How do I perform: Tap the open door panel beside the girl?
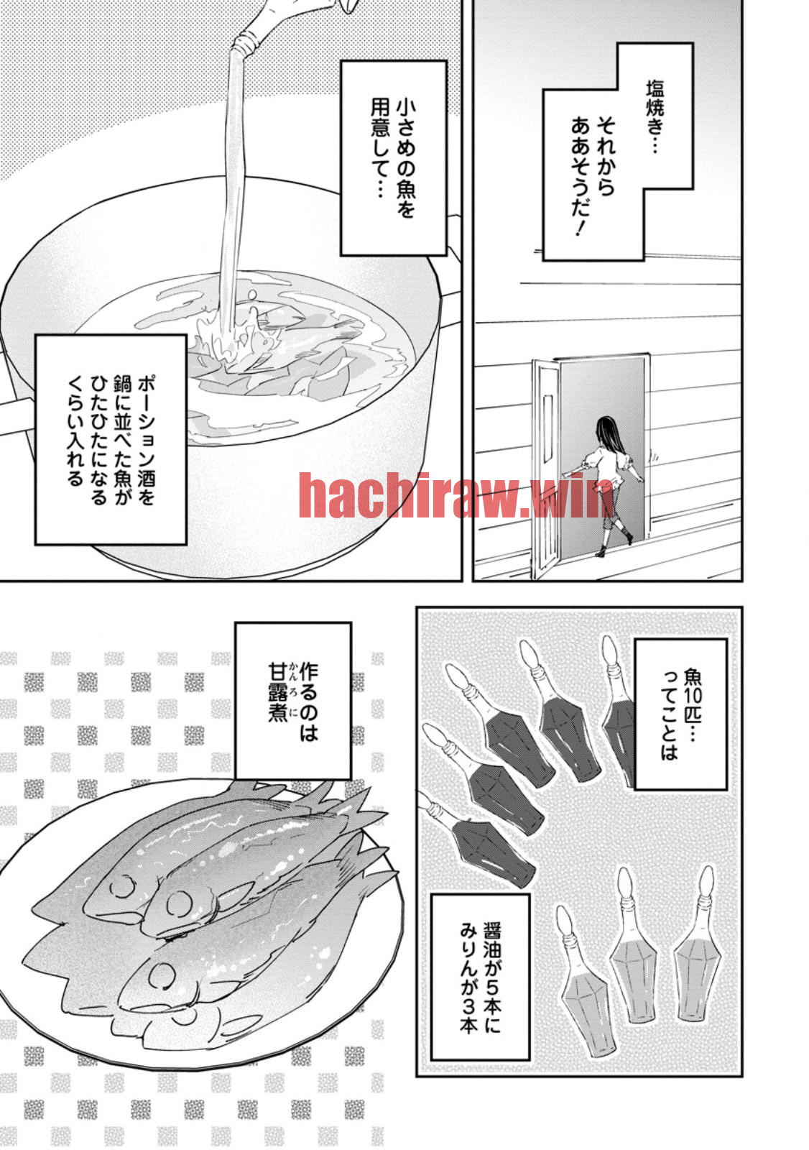pyautogui.click(x=545, y=467)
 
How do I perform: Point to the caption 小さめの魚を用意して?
pyautogui.click(x=394, y=158)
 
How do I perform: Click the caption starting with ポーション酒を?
pyautogui.click(x=111, y=439)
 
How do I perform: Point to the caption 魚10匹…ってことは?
pyautogui.click(x=681, y=714)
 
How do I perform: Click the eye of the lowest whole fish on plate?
pyautogui.click(x=162, y=975)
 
